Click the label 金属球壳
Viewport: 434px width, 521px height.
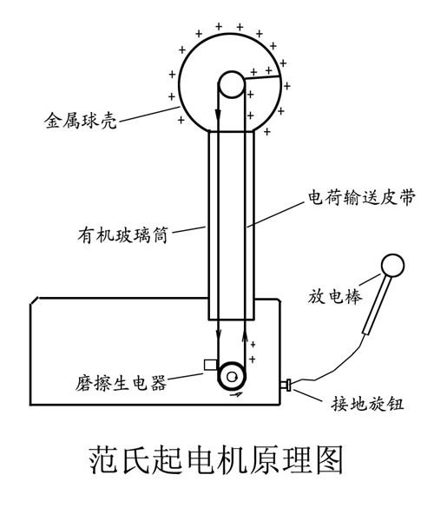click(x=81, y=120)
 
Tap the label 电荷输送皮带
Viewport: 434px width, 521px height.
click(x=361, y=197)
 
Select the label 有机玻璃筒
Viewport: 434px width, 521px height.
click(x=123, y=235)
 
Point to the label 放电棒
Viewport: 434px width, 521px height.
click(x=334, y=296)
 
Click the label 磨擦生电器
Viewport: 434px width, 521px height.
click(x=121, y=383)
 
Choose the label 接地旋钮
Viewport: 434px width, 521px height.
click(x=367, y=404)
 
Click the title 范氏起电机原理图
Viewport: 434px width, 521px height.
click(x=216, y=459)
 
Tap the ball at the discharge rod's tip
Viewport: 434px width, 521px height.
click(x=392, y=266)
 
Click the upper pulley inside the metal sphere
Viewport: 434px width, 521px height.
click(x=232, y=84)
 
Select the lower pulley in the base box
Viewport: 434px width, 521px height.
click(x=232, y=376)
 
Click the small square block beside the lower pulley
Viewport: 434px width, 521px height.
click(x=211, y=365)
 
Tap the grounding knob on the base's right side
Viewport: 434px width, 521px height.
click(x=286, y=385)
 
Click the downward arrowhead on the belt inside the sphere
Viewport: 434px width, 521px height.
click(x=218, y=115)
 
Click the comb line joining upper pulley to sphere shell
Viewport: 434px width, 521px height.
click(x=262, y=77)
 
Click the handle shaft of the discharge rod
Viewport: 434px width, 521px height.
click(x=376, y=305)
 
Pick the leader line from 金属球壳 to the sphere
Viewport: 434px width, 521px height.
click(x=149, y=115)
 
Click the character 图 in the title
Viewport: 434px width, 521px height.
click(x=329, y=459)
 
